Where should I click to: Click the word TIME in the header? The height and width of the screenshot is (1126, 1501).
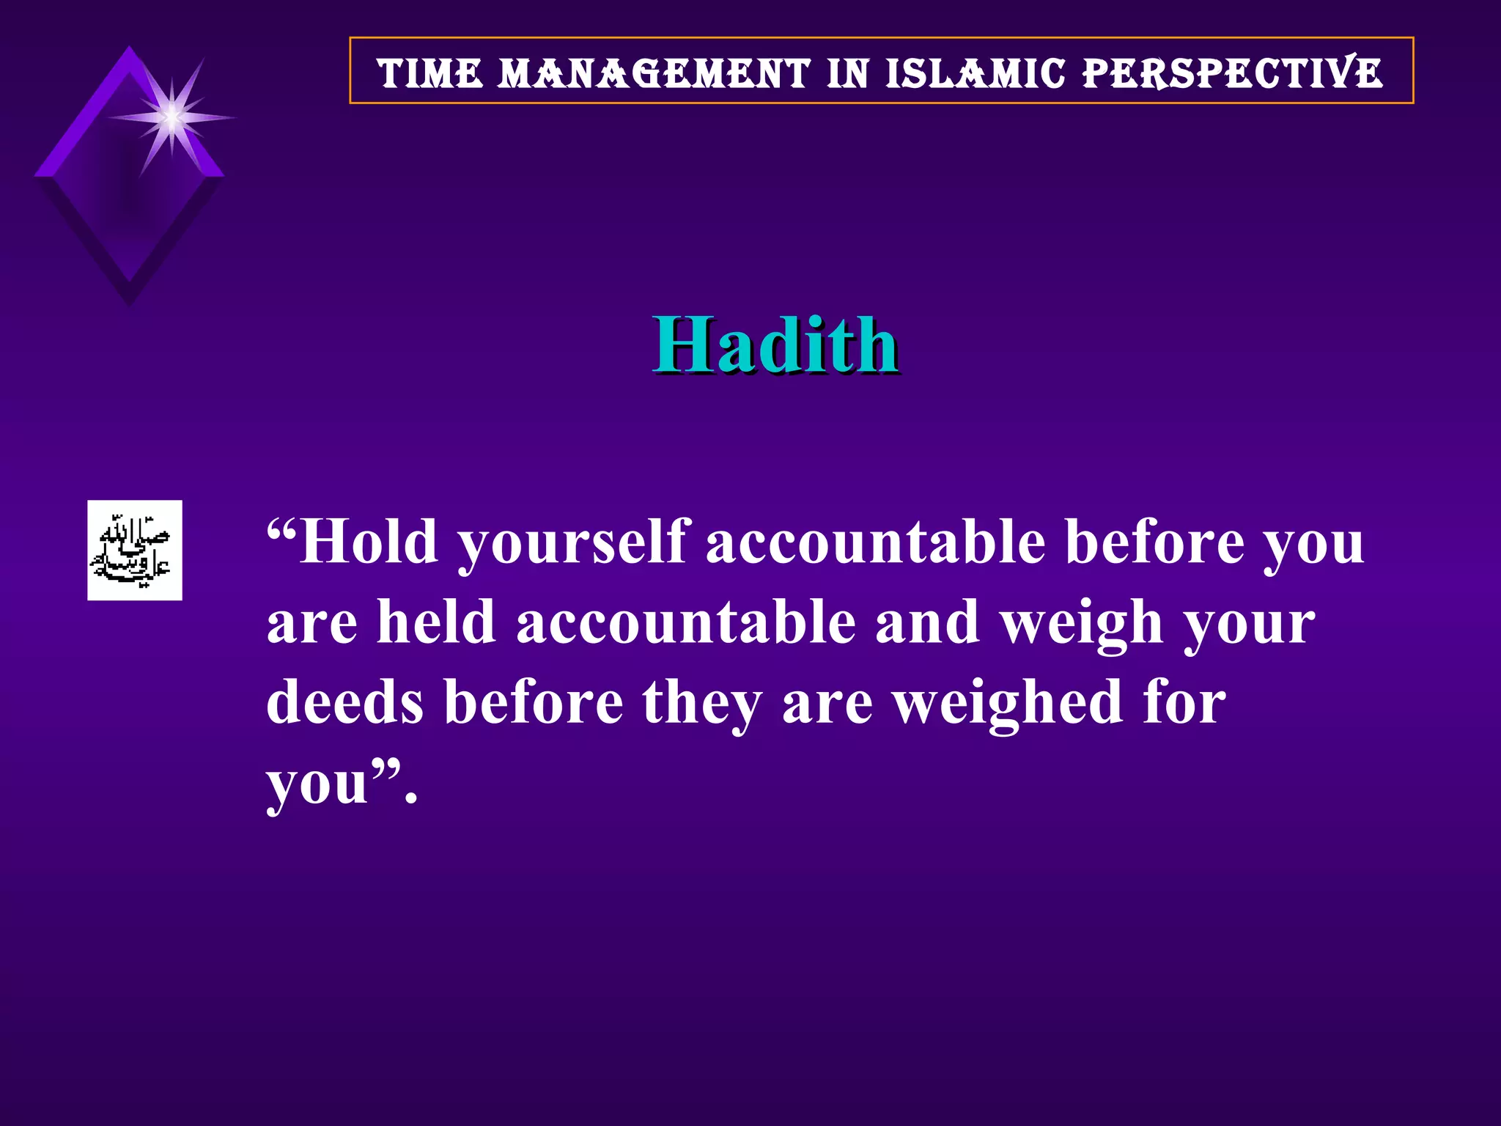tap(429, 74)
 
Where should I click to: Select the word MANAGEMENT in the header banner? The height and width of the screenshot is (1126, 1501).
tap(654, 74)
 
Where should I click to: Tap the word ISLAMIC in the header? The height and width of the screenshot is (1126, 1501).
tap(975, 74)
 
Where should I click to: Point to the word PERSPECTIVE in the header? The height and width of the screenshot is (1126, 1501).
tap(1233, 74)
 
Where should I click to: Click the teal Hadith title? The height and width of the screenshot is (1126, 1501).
tap(776, 345)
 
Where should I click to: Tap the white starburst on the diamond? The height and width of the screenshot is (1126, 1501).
tap(172, 117)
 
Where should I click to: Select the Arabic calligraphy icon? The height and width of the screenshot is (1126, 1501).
tap(135, 550)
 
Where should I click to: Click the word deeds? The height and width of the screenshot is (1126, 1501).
tap(344, 702)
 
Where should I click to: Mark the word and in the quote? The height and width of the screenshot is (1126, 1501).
tap(927, 623)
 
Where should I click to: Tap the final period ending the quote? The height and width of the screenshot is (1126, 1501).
tap(411, 800)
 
